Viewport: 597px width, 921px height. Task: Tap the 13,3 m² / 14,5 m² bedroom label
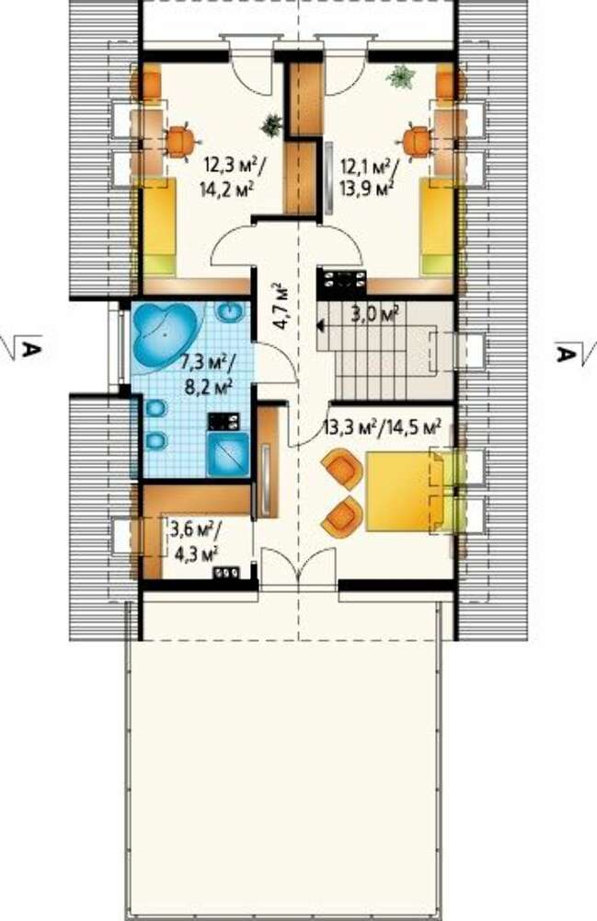point(382,428)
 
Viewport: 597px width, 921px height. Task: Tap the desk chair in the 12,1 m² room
point(417,142)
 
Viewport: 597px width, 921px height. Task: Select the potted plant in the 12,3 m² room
point(272,125)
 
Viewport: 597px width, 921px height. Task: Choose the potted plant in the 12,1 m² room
point(402,76)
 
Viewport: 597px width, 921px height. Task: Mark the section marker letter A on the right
point(566,355)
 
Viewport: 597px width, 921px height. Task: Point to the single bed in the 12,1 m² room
point(438,227)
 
